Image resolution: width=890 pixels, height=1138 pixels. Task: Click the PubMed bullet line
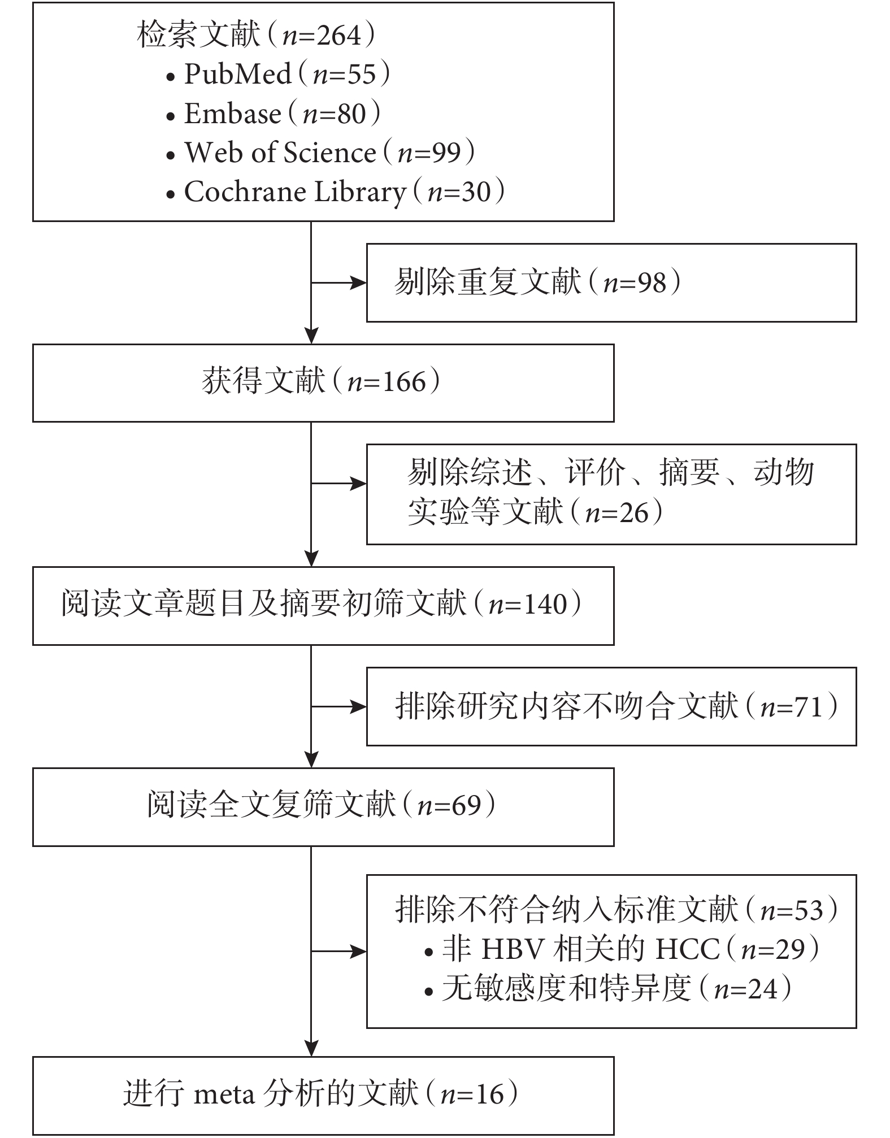point(277,74)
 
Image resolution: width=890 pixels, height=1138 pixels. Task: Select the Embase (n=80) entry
point(273,114)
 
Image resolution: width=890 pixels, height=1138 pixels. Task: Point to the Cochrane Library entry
point(335,192)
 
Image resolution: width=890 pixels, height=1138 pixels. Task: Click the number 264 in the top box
point(338,36)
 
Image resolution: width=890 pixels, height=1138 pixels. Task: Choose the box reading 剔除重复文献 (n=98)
point(611,283)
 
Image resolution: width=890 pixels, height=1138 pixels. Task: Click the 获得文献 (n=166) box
point(323,383)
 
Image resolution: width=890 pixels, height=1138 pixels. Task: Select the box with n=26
point(611,494)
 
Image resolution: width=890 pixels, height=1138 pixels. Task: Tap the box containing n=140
point(323,606)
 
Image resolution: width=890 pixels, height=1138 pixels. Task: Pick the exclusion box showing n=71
point(611,706)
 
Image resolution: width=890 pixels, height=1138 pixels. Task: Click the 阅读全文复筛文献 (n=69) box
point(323,807)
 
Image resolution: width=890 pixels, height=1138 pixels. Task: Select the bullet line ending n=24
point(607,989)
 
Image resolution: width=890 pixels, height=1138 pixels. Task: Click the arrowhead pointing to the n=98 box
point(359,283)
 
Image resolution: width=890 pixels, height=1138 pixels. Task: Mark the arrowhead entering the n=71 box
point(359,706)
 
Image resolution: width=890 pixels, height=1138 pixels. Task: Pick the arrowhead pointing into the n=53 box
point(359,952)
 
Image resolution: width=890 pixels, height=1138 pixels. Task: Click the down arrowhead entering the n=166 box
point(311,336)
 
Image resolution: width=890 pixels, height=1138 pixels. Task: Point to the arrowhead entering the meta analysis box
point(311,1049)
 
